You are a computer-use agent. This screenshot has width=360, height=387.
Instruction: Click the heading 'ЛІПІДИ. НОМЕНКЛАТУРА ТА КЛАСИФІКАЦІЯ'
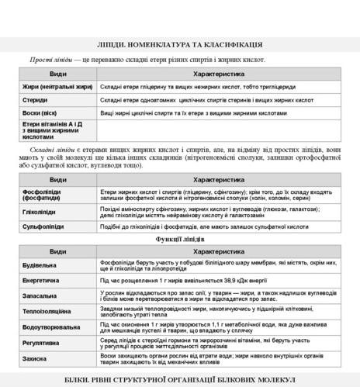tap(179, 45)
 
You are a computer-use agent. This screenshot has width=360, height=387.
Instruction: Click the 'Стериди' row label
tap(34, 100)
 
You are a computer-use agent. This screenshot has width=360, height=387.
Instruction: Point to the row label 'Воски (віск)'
tap(40, 113)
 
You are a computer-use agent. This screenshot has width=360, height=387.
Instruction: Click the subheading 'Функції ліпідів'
tap(179, 239)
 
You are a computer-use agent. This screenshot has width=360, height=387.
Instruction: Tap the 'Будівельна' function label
tap(40, 265)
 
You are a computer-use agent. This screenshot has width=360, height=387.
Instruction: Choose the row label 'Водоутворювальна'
tap(51, 327)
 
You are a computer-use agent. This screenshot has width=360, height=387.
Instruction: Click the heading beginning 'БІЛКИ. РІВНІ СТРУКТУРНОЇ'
tap(179, 379)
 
